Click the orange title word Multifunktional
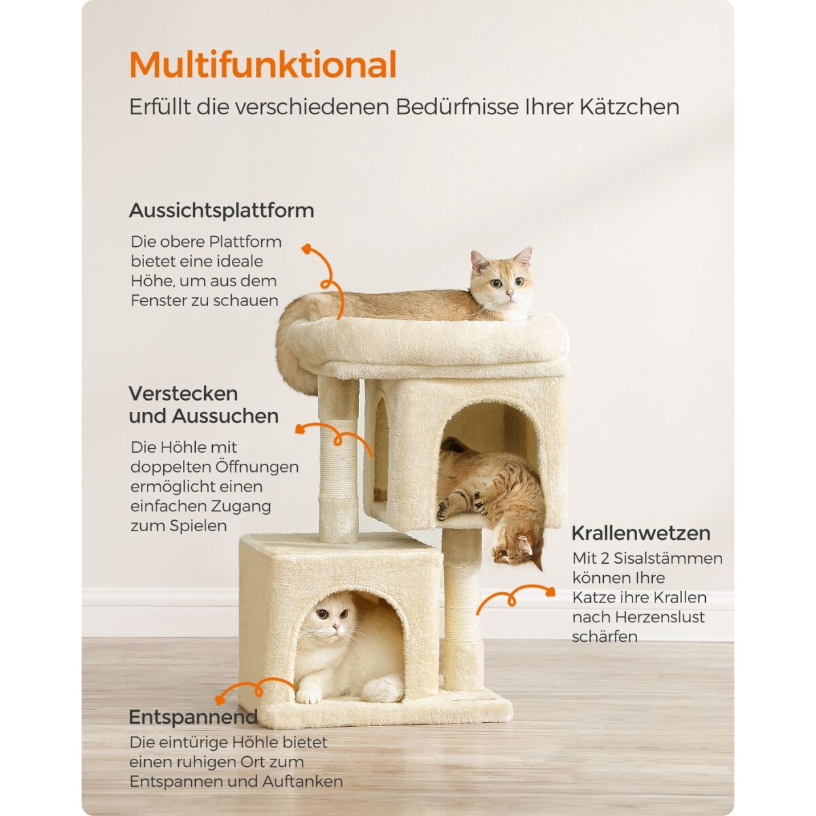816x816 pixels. click(x=262, y=65)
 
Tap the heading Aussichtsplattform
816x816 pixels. click(x=222, y=210)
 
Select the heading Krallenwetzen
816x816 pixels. click(x=641, y=533)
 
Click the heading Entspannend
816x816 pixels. click(x=193, y=717)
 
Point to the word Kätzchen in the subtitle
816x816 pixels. click(x=630, y=107)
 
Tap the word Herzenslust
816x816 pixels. click(x=660, y=617)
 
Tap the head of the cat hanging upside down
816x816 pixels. click(x=518, y=549)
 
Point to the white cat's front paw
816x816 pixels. click(x=308, y=696)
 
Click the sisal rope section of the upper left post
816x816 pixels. click(x=339, y=458)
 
